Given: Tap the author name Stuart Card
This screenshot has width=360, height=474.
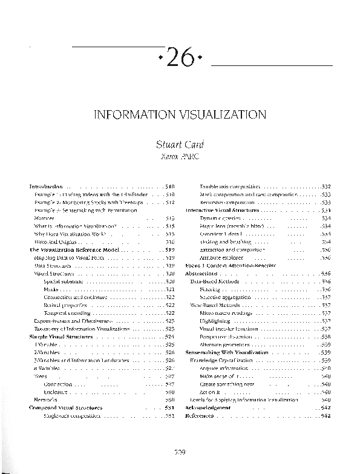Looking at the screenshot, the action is pyautogui.click(x=180, y=145).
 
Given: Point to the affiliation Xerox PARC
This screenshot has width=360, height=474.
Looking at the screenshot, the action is pyautogui.click(x=180, y=157).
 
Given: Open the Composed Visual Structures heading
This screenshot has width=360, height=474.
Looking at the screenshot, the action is pyautogui.click(x=66, y=408).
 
